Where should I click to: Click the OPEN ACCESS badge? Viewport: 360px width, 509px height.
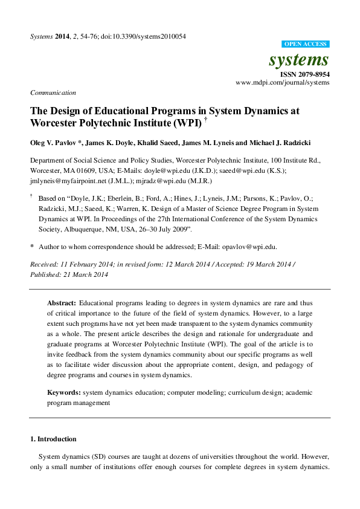[306, 44]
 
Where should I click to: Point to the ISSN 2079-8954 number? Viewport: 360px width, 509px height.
[306, 74]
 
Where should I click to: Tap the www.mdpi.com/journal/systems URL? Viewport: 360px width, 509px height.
[282, 82]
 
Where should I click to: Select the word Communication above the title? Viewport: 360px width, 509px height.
[53, 92]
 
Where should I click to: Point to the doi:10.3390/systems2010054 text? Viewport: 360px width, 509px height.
[147, 36]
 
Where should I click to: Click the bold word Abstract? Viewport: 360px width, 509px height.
[62, 302]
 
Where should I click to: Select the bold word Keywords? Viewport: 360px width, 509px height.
[64, 393]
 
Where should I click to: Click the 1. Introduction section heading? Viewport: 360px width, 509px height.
[53, 439]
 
